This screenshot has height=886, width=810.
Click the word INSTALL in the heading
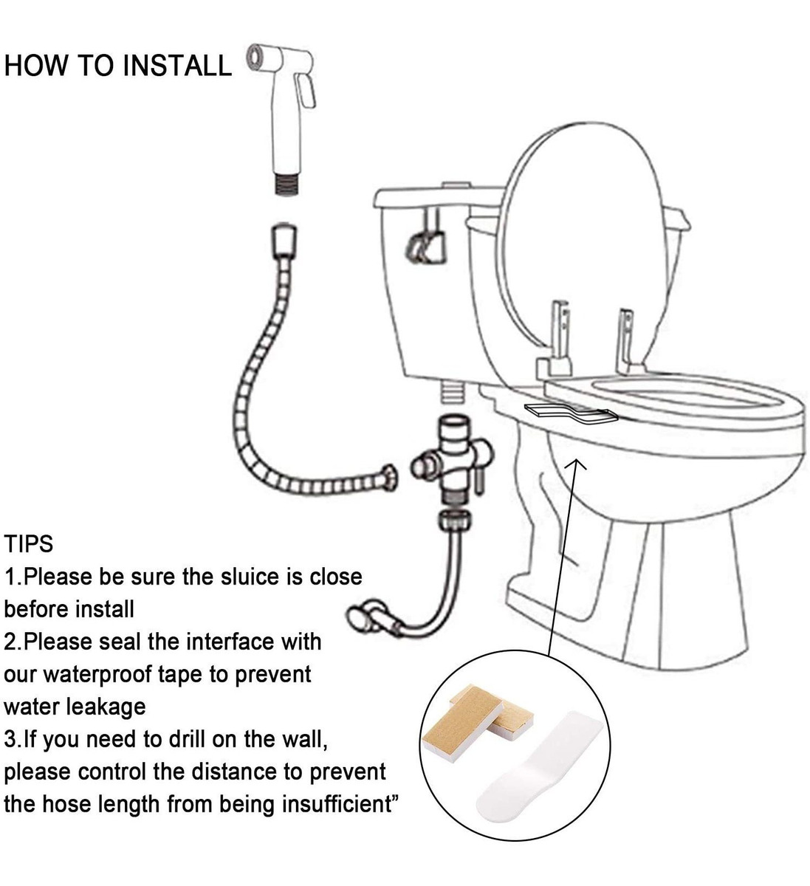click(176, 66)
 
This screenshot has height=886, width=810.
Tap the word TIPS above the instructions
click(29, 544)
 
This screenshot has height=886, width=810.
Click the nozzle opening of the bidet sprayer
click(254, 57)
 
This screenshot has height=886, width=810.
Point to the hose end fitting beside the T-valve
click(389, 478)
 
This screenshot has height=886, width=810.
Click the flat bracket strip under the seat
click(571, 414)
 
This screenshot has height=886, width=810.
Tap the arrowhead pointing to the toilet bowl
click(576, 463)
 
